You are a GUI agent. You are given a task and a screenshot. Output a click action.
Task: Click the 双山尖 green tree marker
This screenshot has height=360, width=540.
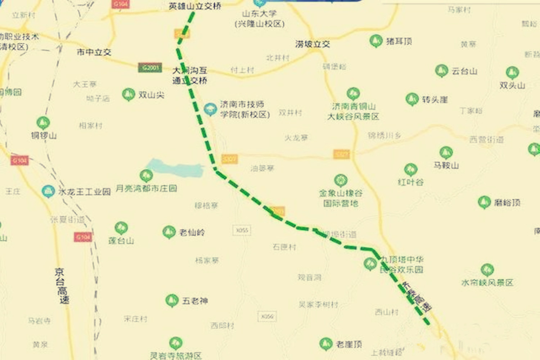point(128,94)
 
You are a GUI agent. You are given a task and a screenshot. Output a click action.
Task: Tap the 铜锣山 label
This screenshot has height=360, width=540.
point(44,136)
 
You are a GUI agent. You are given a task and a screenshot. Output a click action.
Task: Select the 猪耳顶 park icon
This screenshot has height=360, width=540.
point(375,41)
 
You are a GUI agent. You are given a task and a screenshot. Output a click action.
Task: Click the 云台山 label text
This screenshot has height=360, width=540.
point(464,71)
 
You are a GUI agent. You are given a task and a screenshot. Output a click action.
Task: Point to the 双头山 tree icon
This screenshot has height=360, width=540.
point(512,73)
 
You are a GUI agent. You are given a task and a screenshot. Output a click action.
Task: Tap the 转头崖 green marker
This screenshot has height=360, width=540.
point(412,99)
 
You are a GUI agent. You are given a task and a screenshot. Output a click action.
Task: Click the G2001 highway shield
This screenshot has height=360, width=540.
point(150,68)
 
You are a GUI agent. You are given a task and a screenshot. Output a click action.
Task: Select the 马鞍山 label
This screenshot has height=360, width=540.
point(446,166)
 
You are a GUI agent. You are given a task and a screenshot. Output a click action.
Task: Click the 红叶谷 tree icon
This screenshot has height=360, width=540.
point(410,170)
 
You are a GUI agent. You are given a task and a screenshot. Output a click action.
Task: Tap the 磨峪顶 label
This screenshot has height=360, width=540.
point(507,203)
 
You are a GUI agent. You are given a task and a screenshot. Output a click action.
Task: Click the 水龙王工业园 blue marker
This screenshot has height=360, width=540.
point(48,191)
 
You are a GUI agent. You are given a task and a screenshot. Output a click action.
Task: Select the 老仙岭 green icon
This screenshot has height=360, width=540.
point(169,232)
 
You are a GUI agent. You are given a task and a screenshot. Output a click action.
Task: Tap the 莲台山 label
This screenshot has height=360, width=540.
point(121,240)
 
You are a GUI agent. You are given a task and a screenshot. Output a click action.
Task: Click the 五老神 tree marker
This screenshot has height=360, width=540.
point(172,300)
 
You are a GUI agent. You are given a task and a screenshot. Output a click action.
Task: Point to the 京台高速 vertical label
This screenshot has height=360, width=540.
point(62,286)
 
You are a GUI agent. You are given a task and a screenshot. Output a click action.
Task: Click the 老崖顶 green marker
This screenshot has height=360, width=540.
point(326,344)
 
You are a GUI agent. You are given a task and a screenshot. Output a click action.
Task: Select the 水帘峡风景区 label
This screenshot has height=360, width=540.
point(487,283)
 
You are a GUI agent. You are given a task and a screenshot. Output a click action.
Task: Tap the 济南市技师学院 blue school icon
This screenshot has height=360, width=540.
point(210,109)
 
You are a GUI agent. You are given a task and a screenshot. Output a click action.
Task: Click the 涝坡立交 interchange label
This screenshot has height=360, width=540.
point(312,44)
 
